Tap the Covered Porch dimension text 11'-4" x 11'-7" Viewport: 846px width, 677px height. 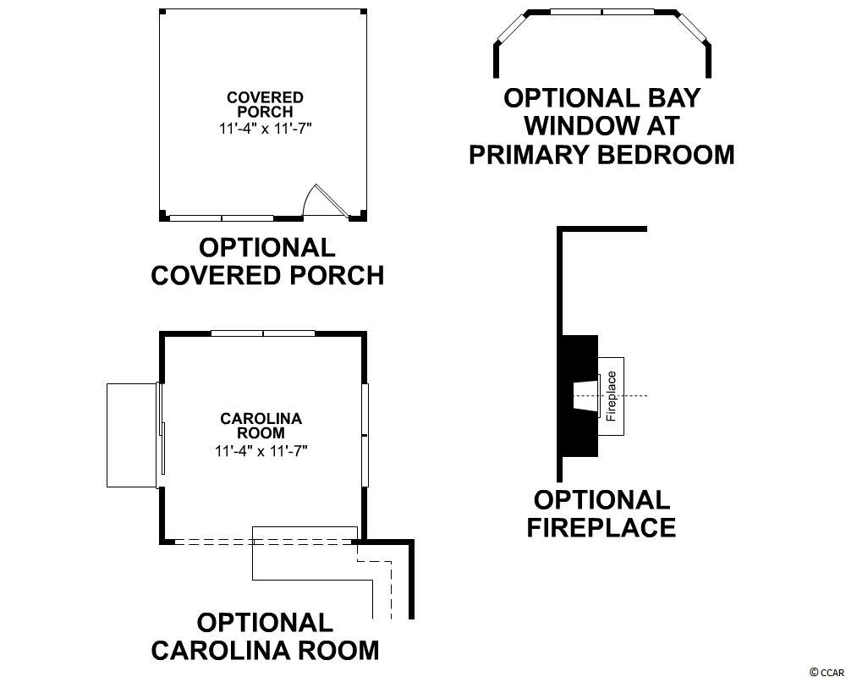(x=266, y=129)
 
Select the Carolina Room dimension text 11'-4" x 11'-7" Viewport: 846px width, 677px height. (x=261, y=451)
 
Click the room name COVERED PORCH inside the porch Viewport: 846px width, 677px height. (x=265, y=105)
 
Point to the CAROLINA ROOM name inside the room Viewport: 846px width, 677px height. (x=261, y=426)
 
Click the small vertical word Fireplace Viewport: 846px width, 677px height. (x=612, y=396)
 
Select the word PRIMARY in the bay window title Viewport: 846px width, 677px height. (x=530, y=154)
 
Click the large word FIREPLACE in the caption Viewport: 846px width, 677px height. (x=601, y=527)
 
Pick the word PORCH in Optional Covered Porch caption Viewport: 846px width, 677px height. (x=338, y=275)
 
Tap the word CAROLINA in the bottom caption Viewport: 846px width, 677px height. (x=218, y=650)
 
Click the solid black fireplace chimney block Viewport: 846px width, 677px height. (x=580, y=396)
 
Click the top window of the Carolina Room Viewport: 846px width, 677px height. (x=263, y=333)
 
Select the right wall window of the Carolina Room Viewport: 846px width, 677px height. (x=365, y=435)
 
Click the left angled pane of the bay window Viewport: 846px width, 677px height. (x=511, y=28)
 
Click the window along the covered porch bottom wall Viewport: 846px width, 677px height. (x=221, y=218)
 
